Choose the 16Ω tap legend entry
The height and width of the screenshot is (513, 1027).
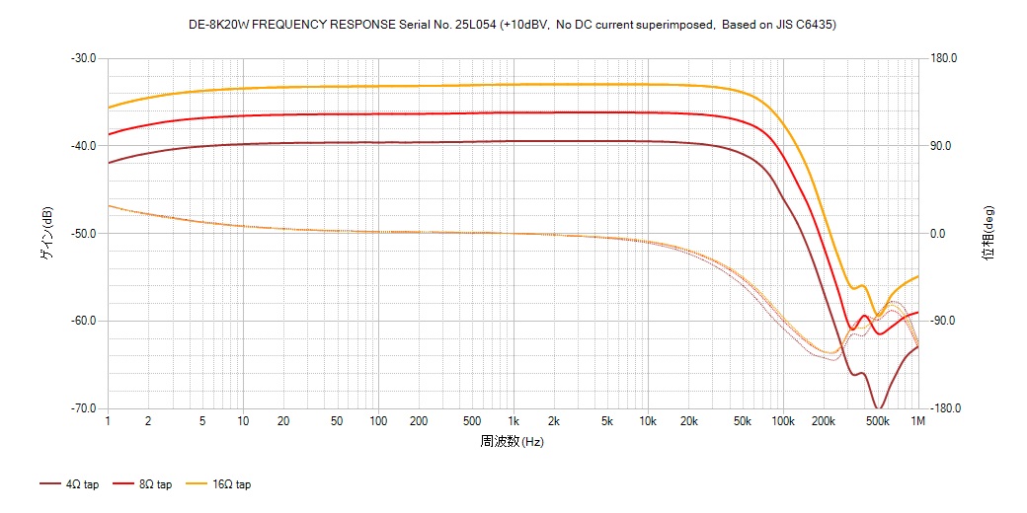pyautogui.click(x=225, y=484)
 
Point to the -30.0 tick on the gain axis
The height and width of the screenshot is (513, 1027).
pyautogui.click(x=83, y=58)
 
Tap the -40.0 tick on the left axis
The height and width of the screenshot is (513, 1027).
pyautogui.click(x=83, y=146)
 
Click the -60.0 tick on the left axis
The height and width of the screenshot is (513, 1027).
pyautogui.click(x=83, y=321)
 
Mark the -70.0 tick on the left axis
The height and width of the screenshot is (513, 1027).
pyautogui.click(x=83, y=408)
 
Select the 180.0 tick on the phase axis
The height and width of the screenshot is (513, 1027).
pyautogui.click(x=942, y=58)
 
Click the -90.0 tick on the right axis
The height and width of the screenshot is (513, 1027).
pyautogui.click(x=942, y=321)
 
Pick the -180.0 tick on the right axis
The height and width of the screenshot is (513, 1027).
pyautogui.click(x=944, y=408)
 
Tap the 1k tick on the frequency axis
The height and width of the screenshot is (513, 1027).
pyautogui.click(x=513, y=421)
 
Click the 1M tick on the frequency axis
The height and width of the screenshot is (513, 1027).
pyautogui.click(x=918, y=421)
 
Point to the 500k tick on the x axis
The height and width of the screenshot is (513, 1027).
pyautogui.click(x=877, y=421)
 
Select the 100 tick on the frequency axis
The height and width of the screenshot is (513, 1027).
pyautogui.click(x=378, y=421)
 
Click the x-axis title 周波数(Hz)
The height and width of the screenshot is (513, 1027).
pyautogui.click(x=512, y=441)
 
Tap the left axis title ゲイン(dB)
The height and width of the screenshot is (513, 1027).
pyautogui.click(x=46, y=233)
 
